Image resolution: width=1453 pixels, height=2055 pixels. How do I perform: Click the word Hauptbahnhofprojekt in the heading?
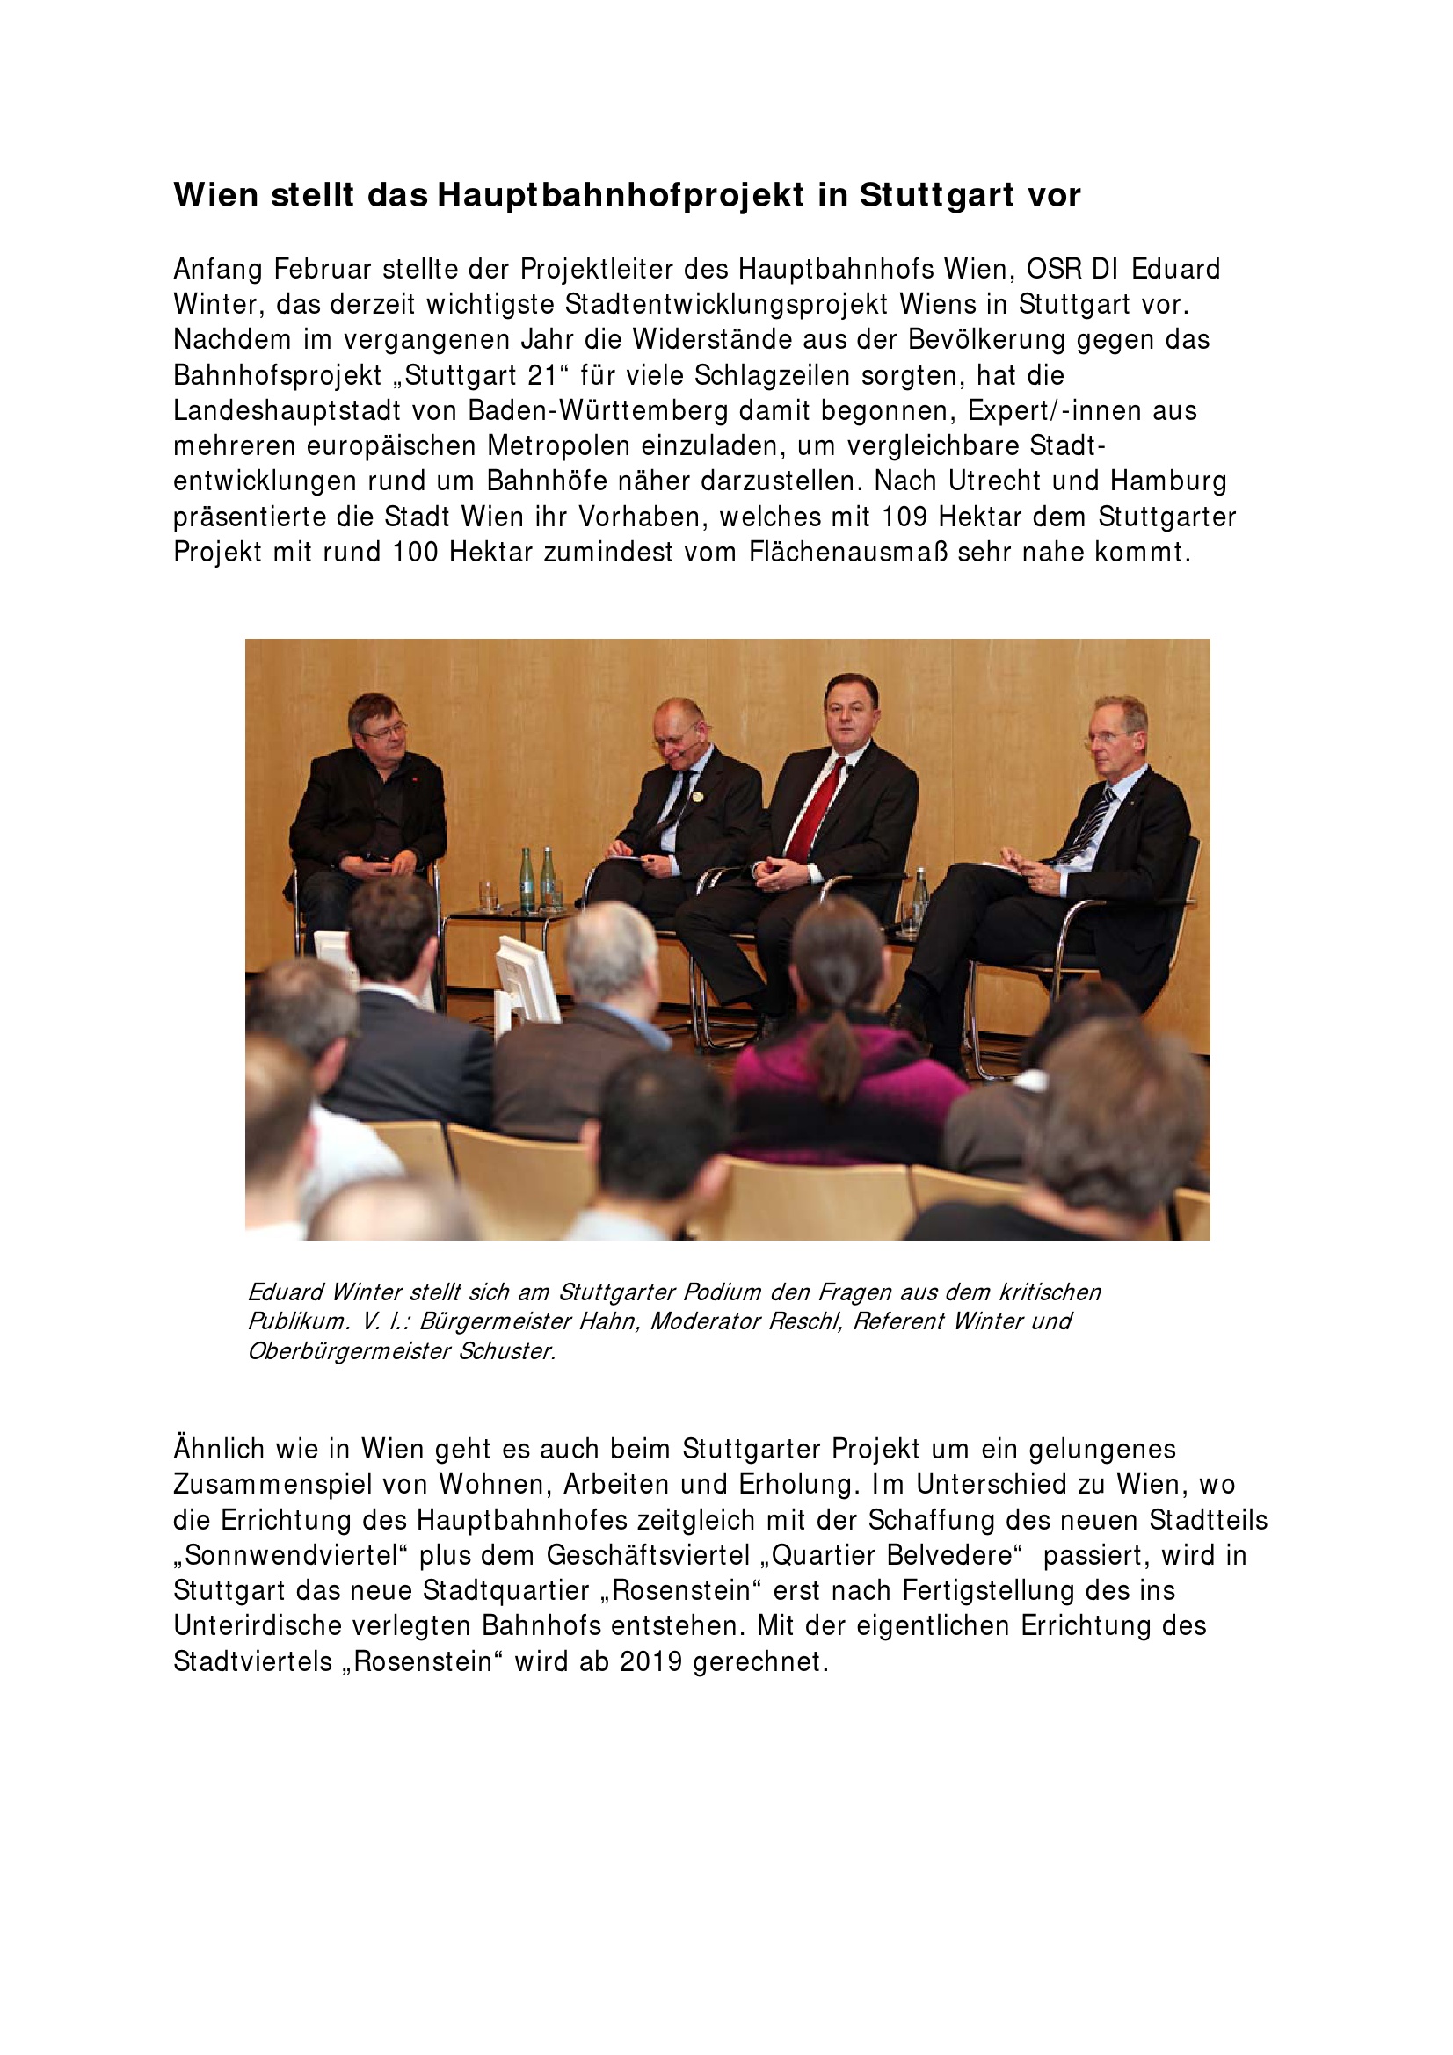coord(621,195)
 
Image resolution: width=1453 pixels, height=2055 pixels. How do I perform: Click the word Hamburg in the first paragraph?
coord(1168,481)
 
